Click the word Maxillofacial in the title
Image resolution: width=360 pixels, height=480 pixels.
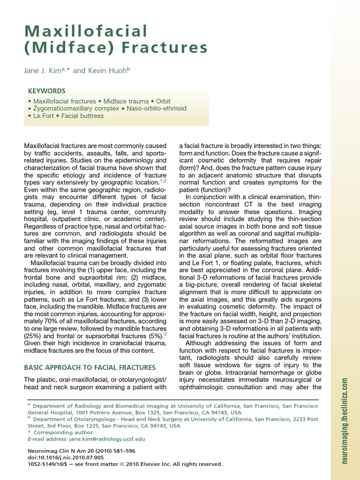tap(86, 31)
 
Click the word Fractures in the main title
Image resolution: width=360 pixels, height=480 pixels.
tap(159, 48)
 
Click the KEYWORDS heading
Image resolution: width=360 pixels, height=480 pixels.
tap(46, 91)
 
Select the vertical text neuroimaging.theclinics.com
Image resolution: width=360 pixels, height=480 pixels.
tap(345, 420)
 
